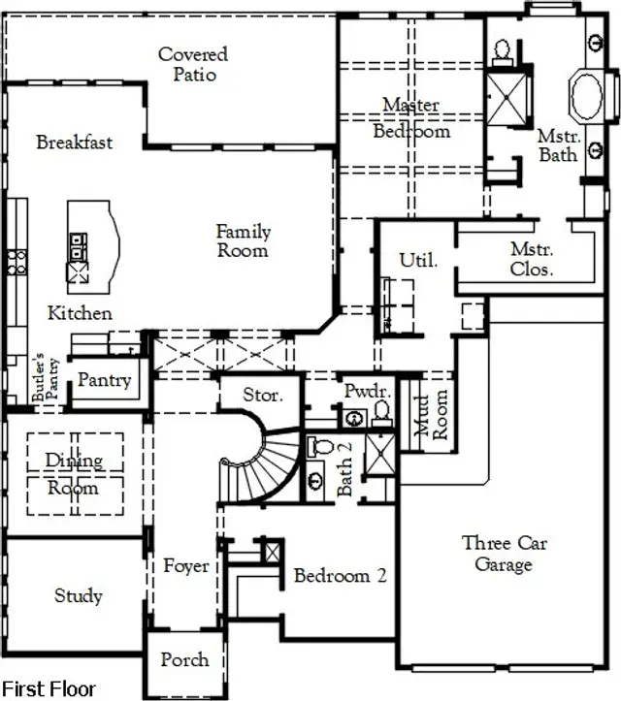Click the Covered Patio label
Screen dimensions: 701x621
pyautogui.click(x=193, y=64)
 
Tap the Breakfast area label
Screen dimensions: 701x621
pyautogui.click(x=75, y=143)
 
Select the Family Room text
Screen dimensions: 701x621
pyautogui.click(x=243, y=240)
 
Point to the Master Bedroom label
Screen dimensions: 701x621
pyautogui.click(x=410, y=117)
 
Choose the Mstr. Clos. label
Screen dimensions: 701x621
pyautogui.click(x=531, y=259)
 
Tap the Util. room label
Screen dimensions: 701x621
pyautogui.click(x=418, y=260)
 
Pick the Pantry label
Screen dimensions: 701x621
pyautogui.click(x=104, y=380)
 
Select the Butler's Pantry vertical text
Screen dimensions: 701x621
pyautogui.click(x=39, y=377)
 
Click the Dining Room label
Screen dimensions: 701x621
pyautogui.click(x=74, y=474)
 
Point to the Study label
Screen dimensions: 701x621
pyautogui.click(x=78, y=595)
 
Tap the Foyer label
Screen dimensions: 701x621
pyautogui.click(x=185, y=564)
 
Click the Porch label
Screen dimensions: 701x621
pyautogui.click(x=184, y=659)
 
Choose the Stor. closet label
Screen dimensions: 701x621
pyautogui.click(x=262, y=396)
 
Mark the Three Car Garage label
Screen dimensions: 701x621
pyautogui.click(x=504, y=554)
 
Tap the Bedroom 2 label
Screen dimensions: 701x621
pyautogui.click(x=340, y=576)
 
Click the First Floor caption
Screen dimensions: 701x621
pyautogui.click(x=49, y=688)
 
